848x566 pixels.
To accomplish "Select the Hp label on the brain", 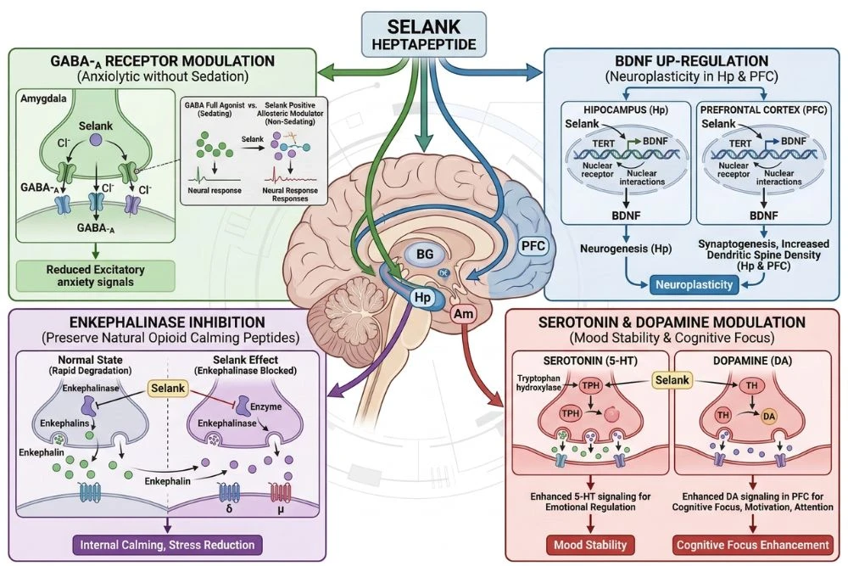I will pos(423,298).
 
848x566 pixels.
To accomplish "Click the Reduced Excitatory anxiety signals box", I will pos(94,274).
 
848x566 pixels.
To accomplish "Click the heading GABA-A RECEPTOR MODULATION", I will pos(162,61).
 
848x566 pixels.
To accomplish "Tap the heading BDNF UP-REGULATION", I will pos(695,61).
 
